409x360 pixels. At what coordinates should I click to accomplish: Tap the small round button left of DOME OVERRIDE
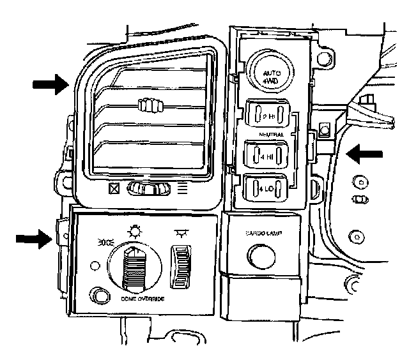pos(100,295)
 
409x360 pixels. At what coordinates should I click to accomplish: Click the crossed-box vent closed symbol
pos(115,189)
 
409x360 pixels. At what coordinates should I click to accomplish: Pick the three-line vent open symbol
pos(181,188)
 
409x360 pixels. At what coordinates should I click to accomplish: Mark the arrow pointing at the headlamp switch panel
pos(33,239)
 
